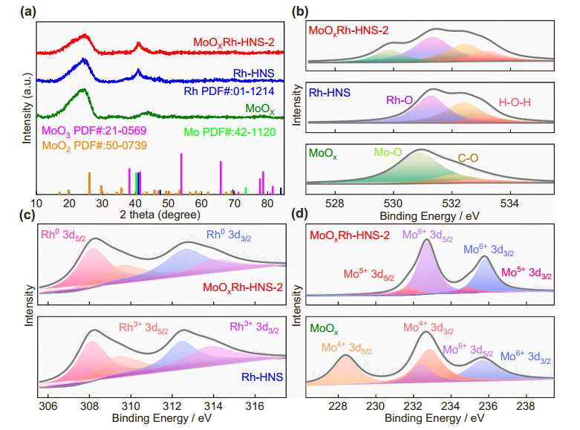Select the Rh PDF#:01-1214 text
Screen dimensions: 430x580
[229, 91]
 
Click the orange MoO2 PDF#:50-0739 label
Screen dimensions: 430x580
[88, 145]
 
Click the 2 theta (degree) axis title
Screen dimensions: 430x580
[159, 215]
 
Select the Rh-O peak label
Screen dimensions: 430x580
[400, 100]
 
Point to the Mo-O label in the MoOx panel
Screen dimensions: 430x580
[388, 152]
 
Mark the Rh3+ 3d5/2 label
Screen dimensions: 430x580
[143, 328]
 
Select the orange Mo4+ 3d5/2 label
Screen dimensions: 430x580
[346, 348]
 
